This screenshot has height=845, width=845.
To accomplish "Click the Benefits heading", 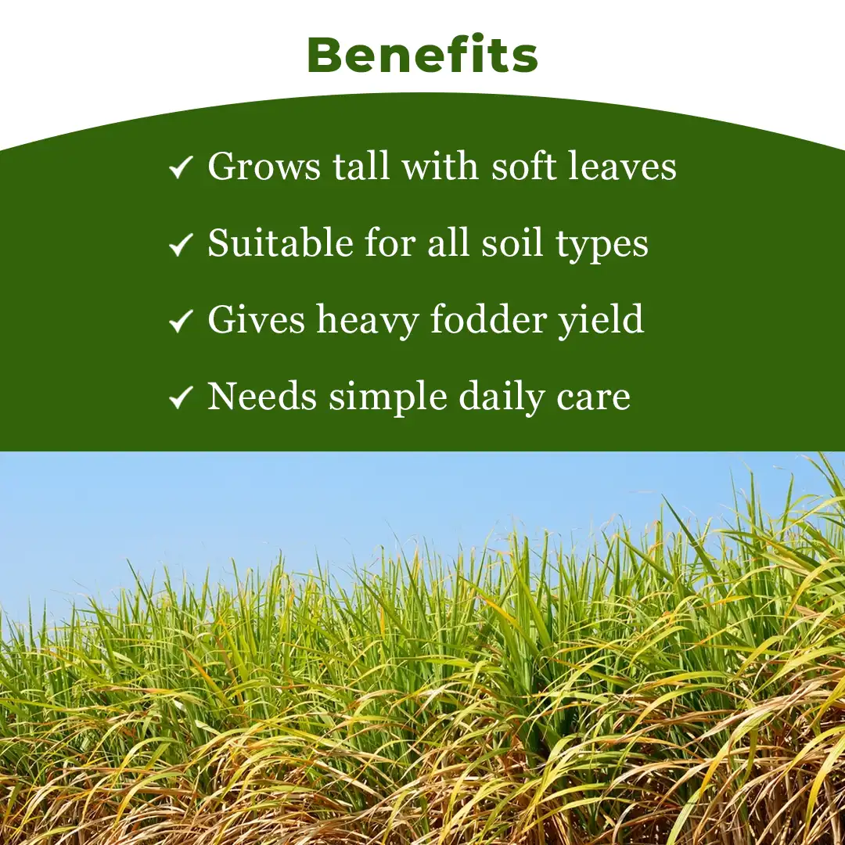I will pos(422,55).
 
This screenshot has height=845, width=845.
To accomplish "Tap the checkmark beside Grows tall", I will pos(181,167).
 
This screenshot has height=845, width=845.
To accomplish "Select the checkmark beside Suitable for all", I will pos(181,245).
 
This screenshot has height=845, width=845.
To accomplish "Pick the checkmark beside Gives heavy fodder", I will pos(181,321).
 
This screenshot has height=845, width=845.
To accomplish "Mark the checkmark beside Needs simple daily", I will pos(181,397).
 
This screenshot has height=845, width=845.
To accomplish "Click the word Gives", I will pos(255,320).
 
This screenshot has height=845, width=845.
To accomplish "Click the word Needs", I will pos(262,397).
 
